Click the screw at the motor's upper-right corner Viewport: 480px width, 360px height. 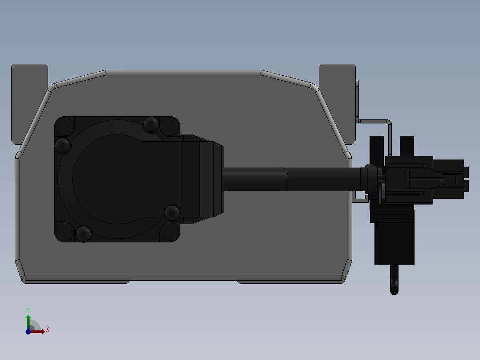[151, 124]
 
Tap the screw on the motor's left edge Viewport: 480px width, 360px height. [62, 145]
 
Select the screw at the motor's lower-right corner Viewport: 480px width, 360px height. [172, 213]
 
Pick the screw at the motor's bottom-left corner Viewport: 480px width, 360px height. [83, 234]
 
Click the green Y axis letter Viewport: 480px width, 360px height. [28, 310]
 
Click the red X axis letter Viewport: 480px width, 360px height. [48, 330]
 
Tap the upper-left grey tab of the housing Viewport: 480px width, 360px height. [29, 104]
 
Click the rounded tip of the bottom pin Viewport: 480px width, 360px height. [395, 291]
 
